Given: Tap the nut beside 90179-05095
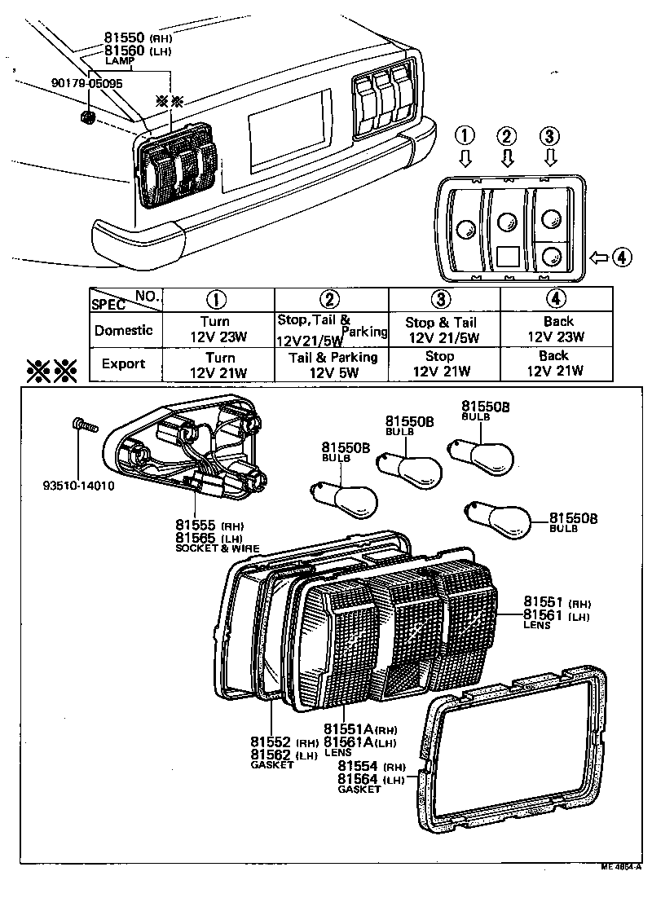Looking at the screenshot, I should (x=89, y=119).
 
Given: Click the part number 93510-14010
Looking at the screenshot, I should (x=79, y=486).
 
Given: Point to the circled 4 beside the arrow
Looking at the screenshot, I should (x=621, y=257).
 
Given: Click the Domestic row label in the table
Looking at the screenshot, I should (x=123, y=331).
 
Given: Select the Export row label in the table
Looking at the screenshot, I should (x=123, y=363).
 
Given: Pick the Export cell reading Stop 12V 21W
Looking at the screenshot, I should (x=440, y=364).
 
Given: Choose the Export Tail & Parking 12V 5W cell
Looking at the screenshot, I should (x=333, y=364).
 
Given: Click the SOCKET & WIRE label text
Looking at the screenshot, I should (x=217, y=548).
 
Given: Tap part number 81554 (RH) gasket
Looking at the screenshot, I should (x=359, y=767).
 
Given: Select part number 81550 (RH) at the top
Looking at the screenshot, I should (x=126, y=37).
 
